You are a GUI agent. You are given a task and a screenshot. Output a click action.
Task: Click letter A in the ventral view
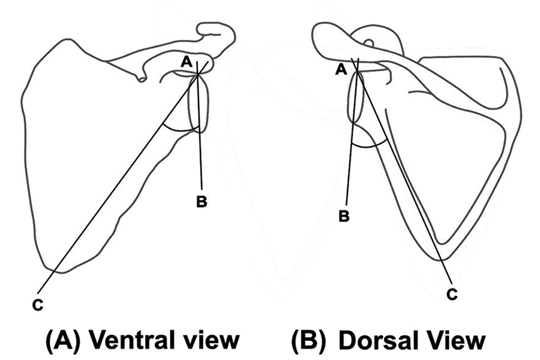click(x=185, y=62)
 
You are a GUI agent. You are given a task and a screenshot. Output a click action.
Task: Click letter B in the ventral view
click(x=202, y=201)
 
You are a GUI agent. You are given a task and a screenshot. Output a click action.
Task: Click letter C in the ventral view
click(x=38, y=305)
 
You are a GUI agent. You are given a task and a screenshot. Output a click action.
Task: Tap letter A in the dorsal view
click(x=341, y=70)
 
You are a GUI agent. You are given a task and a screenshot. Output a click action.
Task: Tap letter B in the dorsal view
click(x=344, y=217)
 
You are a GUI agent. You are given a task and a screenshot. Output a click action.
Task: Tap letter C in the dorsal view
click(x=452, y=294)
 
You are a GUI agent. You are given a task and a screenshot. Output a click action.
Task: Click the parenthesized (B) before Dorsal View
click(x=308, y=340)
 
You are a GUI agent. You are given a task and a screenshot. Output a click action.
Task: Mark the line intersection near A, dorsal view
click(x=357, y=70)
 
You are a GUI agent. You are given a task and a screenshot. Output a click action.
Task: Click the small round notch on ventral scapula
click(x=142, y=79)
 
